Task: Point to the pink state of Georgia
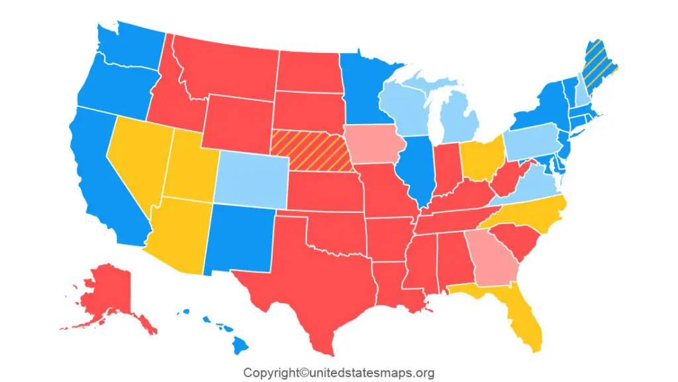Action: (x=489, y=259)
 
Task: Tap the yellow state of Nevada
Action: (x=136, y=159)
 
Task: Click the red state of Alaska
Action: (x=109, y=292)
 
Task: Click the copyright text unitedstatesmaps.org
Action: (x=338, y=373)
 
